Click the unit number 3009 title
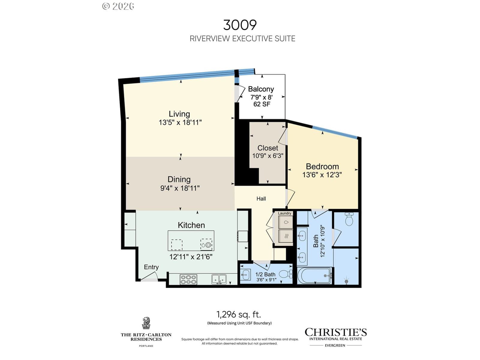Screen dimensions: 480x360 (240, 25)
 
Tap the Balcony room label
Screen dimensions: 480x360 (261, 89)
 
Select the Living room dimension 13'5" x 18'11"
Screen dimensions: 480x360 (180, 122)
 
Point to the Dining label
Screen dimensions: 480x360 (179, 179)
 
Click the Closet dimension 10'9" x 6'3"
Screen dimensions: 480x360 (268, 156)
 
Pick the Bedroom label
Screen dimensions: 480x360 (322, 166)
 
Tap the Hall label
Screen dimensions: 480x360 (261, 199)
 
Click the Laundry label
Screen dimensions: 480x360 (284, 213)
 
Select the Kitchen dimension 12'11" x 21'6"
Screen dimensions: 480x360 (191, 256)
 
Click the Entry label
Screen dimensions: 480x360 (151, 267)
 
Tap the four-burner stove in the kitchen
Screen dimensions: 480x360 (188, 280)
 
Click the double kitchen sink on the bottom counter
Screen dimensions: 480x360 (219, 279)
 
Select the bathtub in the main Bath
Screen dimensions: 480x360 (314, 276)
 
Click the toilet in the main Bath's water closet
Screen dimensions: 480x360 (349, 219)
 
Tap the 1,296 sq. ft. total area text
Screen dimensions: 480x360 (238, 314)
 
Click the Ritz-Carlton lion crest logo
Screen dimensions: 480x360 (146, 323)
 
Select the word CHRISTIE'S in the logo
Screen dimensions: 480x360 (336, 332)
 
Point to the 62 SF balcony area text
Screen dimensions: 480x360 (262, 104)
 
